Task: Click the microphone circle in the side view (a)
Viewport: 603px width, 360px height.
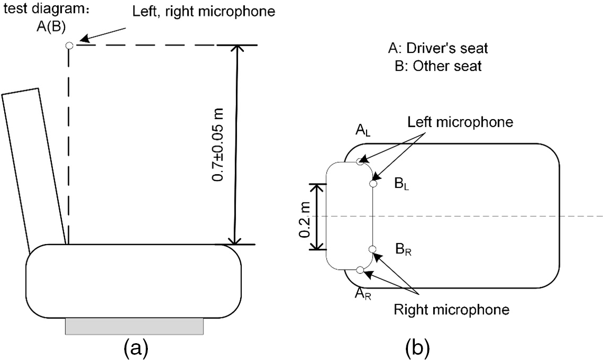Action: (x=69, y=46)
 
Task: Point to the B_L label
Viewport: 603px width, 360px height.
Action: (x=403, y=185)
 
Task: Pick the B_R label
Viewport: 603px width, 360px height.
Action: (x=403, y=250)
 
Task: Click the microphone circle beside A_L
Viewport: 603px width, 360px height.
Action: (x=360, y=161)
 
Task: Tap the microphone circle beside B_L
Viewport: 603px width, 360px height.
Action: (x=373, y=184)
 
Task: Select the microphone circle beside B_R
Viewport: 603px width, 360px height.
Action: (x=372, y=249)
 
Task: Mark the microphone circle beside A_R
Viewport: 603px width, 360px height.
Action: (x=360, y=270)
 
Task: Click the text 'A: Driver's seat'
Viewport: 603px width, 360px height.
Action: (x=438, y=49)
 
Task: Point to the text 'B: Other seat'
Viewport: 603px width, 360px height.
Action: (x=438, y=67)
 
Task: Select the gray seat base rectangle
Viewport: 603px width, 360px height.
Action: (x=134, y=326)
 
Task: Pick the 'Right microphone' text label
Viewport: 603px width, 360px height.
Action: (x=451, y=310)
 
